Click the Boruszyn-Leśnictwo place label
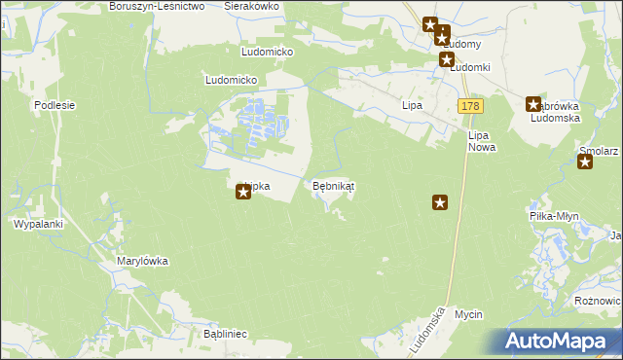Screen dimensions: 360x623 click(x=156, y=6)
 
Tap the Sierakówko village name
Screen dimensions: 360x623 click(x=251, y=6)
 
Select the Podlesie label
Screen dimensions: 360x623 click(x=55, y=104)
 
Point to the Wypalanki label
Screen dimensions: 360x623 click(x=38, y=224)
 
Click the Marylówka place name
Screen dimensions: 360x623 click(x=143, y=261)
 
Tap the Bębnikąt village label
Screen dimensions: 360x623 click(x=333, y=185)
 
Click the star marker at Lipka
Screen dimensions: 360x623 click(x=243, y=193)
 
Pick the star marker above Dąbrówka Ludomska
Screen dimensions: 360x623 click(x=533, y=104)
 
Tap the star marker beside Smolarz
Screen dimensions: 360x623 click(x=585, y=162)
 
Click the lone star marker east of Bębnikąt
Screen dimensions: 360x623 click(x=440, y=202)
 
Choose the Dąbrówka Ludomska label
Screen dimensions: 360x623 click(x=556, y=112)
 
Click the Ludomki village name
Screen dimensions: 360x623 click(x=469, y=67)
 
